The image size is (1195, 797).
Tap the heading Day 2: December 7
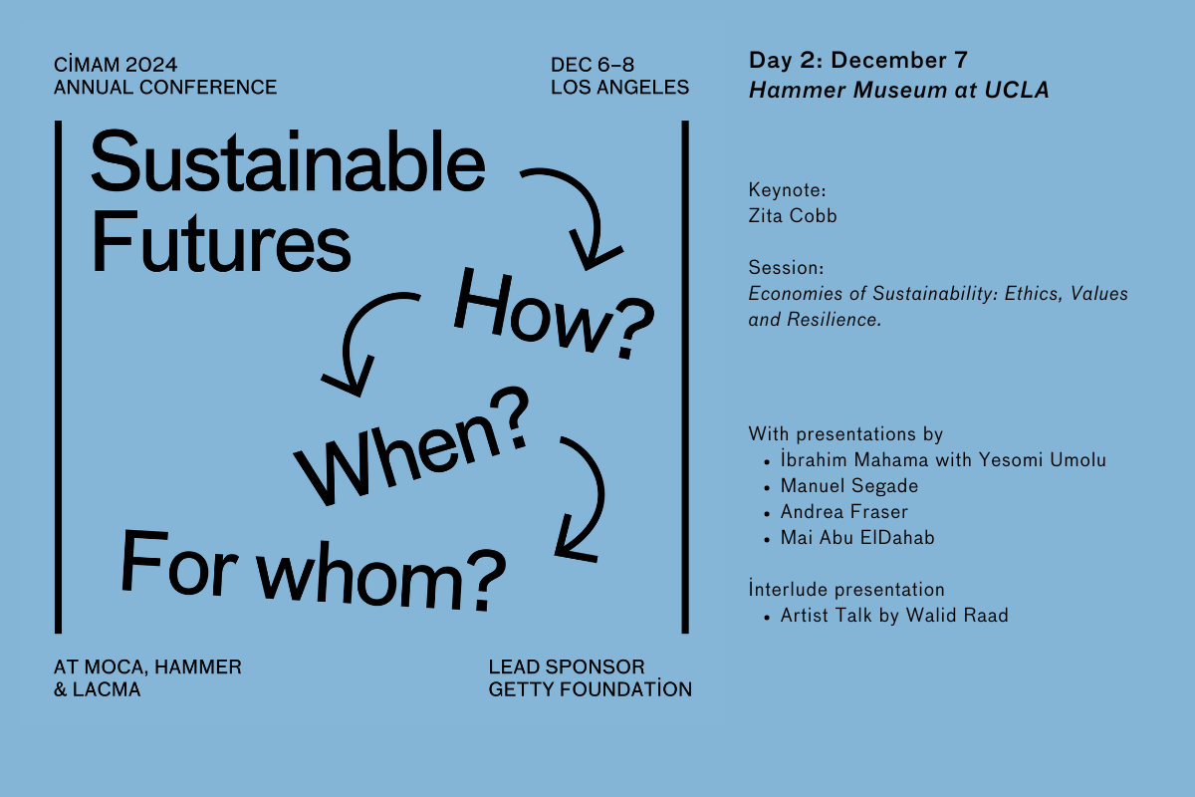pos(857,62)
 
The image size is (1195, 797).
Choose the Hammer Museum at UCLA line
pos(899,90)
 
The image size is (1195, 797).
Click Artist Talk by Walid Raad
pos(894,616)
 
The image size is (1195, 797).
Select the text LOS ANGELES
pos(619,87)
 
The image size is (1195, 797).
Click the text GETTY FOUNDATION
pos(590,688)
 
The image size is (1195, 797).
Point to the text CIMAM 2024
pos(119,65)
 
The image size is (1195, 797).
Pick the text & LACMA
pos(98,688)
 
